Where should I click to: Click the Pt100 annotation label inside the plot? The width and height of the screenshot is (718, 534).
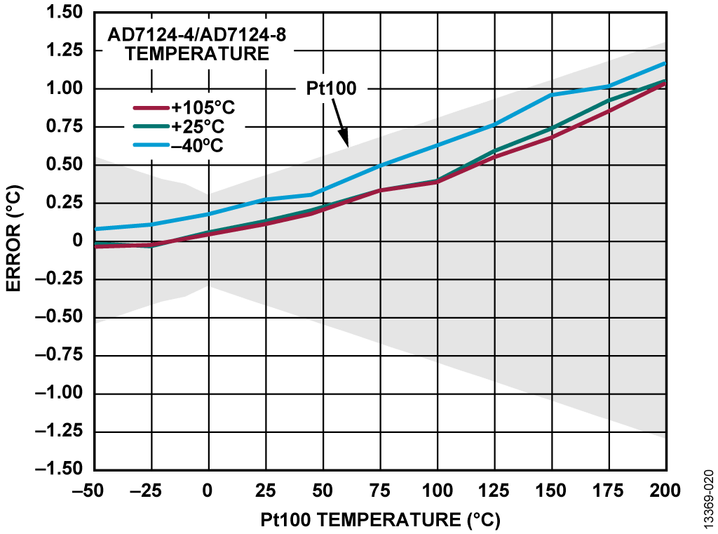point(332,88)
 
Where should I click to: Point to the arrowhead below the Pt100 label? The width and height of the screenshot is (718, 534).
point(345,142)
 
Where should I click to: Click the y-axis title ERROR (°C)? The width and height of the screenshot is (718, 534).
point(15,241)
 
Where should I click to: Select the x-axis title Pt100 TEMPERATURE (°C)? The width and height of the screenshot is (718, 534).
point(381,519)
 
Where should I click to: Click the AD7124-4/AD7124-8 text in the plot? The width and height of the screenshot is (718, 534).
point(196,34)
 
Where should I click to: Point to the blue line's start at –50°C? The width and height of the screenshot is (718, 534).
point(95,229)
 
